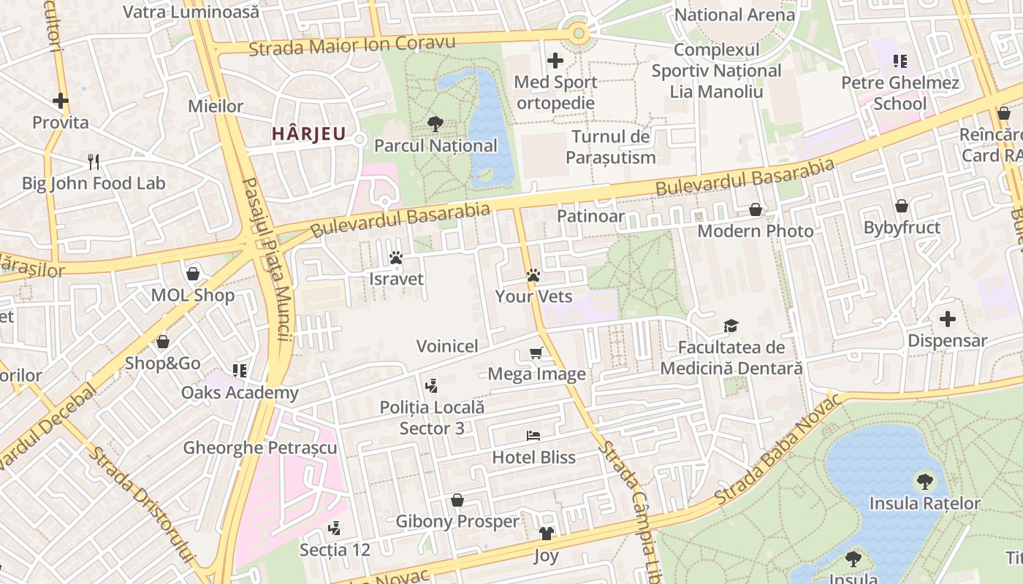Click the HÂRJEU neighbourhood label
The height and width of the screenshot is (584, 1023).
[308, 134]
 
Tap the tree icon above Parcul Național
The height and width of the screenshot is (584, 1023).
[436, 123]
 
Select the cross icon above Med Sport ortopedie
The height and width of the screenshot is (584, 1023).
[555, 60]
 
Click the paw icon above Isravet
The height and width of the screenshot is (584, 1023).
[396, 258]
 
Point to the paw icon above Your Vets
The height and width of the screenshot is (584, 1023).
[533, 275]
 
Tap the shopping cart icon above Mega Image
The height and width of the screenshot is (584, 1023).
[536, 353]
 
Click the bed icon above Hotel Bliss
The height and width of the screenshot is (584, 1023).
[533, 436]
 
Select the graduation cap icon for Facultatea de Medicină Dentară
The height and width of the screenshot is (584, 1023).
[731, 326]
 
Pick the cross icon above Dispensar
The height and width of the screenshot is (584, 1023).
[947, 319]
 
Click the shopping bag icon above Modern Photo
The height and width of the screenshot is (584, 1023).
[756, 210]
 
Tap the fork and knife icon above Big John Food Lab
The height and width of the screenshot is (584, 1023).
[94, 161]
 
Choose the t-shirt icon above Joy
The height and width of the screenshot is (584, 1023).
[546, 534]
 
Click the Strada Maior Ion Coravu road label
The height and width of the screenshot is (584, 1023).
[352, 45]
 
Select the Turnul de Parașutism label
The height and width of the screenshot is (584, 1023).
[611, 147]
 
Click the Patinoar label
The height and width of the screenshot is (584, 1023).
[590, 216]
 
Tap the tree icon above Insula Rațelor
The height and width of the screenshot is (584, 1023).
[924, 481]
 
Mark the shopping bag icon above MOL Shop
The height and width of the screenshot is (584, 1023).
[193, 274]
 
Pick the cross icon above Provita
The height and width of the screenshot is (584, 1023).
[61, 101]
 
